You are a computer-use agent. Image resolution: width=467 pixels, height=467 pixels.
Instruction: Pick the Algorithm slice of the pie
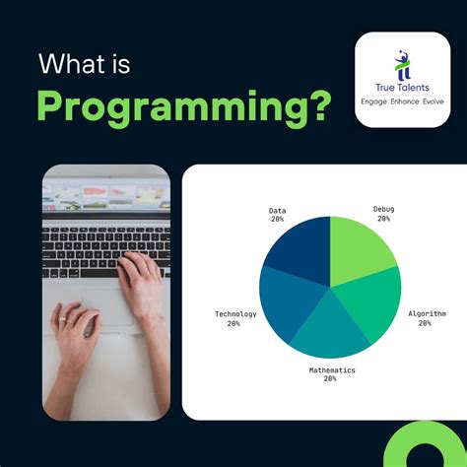pyautogui.click(x=371, y=305)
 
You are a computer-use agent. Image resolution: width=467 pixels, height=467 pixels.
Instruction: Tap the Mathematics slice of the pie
pyautogui.click(x=331, y=335)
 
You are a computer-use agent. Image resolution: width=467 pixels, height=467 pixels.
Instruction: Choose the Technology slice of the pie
pyautogui.click(x=286, y=305)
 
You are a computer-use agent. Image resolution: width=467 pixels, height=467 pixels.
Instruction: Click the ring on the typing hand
pyautogui.click(x=61, y=320)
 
